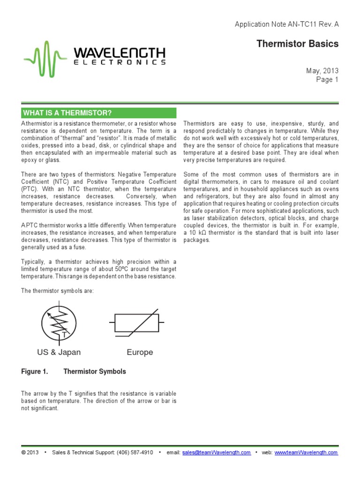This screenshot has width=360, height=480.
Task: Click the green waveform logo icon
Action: tap(45, 59)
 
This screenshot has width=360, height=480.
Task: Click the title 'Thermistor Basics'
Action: tap(297, 44)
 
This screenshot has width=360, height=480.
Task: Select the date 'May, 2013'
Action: tap(322, 71)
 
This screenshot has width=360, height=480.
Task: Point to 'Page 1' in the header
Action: tap(327, 80)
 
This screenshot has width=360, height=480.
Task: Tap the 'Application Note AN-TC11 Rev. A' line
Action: tap(286, 24)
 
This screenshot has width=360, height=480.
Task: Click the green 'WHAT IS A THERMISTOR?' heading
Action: tap(99, 113)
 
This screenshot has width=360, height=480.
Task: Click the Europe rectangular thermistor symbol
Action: tap(136, 322)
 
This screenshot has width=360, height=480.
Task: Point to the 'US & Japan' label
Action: tap(59, 352)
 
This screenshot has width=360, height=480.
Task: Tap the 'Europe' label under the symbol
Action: tap(140, 352)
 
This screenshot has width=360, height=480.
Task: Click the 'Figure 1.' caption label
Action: tap(35, 372)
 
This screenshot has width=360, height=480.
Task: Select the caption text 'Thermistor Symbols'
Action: tap(95, 372)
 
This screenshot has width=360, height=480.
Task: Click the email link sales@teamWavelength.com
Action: tap(217, 453)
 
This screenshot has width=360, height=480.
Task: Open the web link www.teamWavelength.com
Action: tap(306, 453)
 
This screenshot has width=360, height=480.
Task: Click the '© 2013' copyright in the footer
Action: tap(30, 453)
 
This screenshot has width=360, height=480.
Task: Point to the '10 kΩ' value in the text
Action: tap(195, 233)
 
